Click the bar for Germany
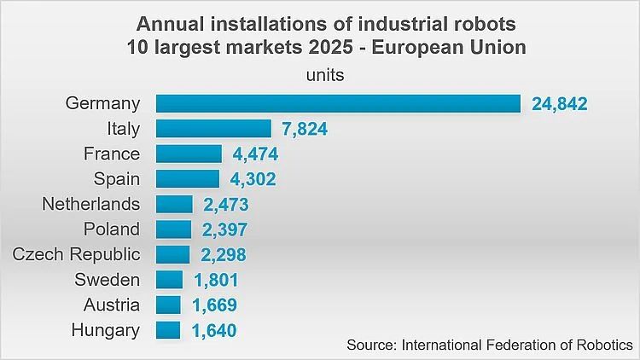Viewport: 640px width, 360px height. [338, 103]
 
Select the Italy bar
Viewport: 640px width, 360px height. [213, 129]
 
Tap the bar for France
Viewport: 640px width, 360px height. [189, 154]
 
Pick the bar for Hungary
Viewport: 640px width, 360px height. [168, 330]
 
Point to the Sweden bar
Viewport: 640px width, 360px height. [169, 280]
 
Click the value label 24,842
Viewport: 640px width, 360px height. [560, 104]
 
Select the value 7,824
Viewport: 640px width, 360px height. [305, 129]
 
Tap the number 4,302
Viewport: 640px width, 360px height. [253, 179]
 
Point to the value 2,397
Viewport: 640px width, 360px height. [225, 229]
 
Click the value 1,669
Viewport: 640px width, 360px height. [215, 305]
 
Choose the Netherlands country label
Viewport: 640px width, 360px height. [91, 204]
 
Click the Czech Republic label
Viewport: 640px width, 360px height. [76, 254]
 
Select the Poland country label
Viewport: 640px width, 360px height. [112, 229]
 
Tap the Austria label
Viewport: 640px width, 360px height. [112, 305]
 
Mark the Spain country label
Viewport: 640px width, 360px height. [117, 179]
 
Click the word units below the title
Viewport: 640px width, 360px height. [325, 76]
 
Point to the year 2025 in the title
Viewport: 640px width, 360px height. [330, 48]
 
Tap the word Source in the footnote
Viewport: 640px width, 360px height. [372, 345]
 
